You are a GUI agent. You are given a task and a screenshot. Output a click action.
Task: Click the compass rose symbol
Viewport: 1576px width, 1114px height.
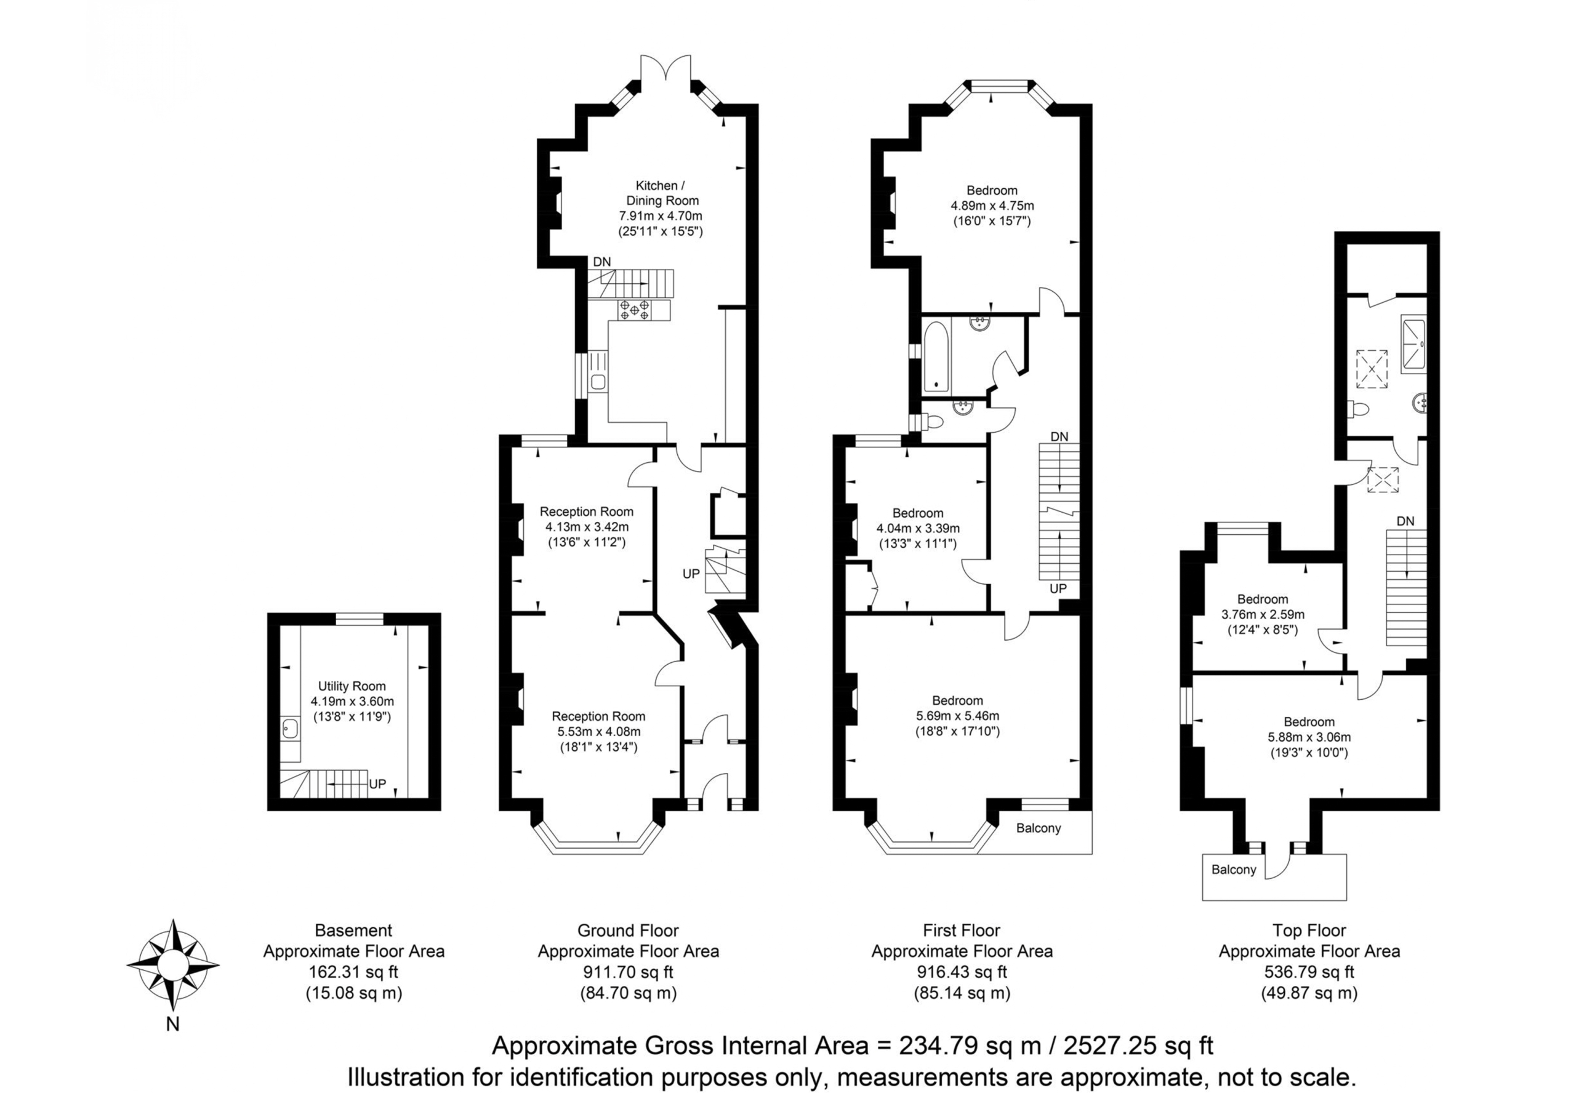click(173, 964)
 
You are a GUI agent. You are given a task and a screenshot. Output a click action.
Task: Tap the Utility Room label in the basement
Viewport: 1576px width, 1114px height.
click(352, 686)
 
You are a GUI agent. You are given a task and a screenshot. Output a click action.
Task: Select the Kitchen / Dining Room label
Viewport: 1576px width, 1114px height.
click(661, 193)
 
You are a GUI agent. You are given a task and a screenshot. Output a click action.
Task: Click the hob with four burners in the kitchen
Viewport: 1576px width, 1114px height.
click(634, 310)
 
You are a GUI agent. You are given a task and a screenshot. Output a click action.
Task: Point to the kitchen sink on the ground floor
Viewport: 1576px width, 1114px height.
click(598, 382)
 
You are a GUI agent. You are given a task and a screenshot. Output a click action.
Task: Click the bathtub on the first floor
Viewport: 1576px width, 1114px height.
click(936, 356)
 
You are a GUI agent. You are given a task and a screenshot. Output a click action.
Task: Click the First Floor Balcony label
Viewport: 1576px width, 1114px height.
click(1039, 828)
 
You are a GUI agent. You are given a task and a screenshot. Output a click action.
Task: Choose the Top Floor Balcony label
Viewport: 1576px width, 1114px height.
click(1234, 870)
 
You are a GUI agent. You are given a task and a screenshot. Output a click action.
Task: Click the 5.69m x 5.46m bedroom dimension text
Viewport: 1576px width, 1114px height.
click(957, 716)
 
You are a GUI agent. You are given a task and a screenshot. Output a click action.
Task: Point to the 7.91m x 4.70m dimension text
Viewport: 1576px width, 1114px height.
click(661, 216)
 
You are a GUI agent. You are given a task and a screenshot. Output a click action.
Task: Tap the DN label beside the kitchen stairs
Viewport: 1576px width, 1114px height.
click(602, 262)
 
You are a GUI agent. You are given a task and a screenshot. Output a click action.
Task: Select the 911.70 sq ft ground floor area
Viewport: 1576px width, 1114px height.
click(628, 972)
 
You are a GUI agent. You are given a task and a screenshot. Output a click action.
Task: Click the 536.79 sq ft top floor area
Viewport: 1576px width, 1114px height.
click(1309, 972)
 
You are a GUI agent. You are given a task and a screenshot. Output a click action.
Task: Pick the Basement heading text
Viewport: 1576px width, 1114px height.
click(353, 930)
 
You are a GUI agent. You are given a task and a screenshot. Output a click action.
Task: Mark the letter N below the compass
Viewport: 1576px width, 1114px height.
click(173, 1024)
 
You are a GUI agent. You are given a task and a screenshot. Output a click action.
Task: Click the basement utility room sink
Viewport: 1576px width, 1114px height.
click(291, 728)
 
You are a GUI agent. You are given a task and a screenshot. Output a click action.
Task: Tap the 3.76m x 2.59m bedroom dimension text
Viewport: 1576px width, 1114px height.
click(1262, 614)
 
